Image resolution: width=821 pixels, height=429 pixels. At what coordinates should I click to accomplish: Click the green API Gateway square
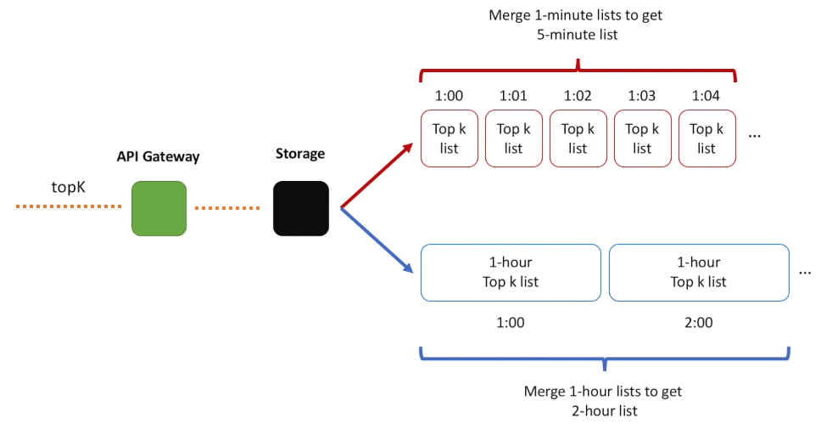159,208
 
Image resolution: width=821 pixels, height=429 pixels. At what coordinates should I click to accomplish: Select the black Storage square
301,208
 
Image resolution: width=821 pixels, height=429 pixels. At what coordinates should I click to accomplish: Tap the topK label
68,187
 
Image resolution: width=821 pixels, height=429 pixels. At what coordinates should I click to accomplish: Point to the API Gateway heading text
158,157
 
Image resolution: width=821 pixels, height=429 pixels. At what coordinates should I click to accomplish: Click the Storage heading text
300,154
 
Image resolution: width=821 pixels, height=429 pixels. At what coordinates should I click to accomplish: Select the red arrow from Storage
377,175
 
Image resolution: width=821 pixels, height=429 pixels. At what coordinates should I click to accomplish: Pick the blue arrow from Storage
377,240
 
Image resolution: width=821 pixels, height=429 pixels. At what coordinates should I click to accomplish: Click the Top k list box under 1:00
450,138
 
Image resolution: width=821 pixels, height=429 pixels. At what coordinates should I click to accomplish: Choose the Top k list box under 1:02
578,138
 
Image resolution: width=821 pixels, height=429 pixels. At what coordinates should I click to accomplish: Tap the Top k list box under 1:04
707,138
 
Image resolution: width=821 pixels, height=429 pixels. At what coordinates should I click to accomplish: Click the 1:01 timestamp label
513,96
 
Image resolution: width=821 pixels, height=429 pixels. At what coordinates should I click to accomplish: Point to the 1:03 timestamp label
642,96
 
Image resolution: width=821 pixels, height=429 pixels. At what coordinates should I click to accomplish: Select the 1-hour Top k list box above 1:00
511,273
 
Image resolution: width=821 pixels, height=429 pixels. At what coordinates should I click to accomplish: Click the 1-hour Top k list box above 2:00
699,273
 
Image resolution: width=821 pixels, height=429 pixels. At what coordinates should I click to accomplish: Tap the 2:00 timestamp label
699,323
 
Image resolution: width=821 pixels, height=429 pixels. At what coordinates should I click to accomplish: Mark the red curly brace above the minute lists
578,70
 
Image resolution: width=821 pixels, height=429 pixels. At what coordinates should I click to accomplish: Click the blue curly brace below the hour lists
605,359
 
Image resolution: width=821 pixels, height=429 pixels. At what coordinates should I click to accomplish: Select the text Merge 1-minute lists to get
575,15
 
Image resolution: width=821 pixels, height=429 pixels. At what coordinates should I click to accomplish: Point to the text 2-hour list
604,410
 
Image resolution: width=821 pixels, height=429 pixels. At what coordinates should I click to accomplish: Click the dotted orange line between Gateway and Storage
227,208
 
